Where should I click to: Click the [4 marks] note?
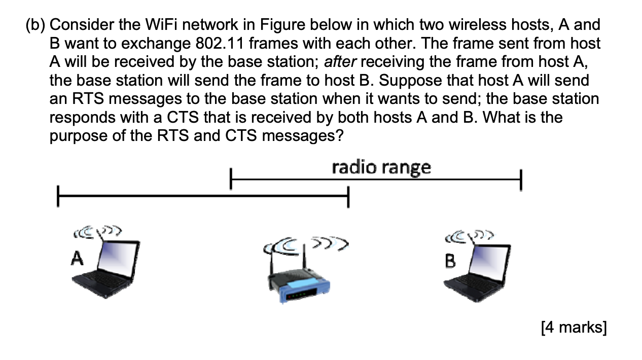(x=574, y=328)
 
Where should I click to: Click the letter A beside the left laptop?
(x=77, y=259)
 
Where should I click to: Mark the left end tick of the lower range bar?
(x=58, y=197)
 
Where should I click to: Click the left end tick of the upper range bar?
(x=231, y=179)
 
